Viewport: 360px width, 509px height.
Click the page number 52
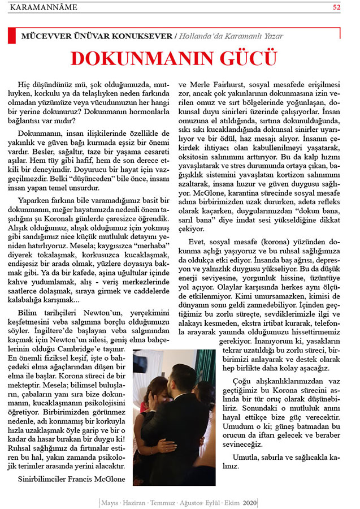point(337,7)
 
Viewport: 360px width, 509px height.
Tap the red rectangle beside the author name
point(11,36)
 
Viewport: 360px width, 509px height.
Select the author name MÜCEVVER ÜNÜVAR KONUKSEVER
point(97,36)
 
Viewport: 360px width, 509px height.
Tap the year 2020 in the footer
point(249,502)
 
